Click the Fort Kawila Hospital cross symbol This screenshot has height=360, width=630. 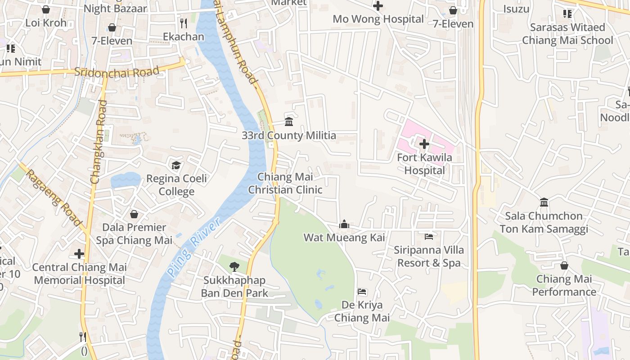coord(424,144)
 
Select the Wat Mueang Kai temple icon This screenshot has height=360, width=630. coord(344,224)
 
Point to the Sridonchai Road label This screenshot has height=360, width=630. coord(117,72)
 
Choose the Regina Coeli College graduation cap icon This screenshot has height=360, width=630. coord(176,165)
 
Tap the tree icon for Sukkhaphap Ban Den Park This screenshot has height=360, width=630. coord(234,267)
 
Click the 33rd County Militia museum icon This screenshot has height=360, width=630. coord(289,121)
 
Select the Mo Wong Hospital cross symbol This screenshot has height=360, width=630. coord(378,6)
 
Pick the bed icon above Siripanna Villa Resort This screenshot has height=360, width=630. coord(428,236)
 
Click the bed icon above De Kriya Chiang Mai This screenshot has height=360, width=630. coord(362,292)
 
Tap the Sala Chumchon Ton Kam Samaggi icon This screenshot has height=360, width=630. coord(544,202)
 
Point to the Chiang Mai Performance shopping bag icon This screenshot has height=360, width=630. coord(564,265)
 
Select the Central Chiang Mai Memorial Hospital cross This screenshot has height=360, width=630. coord(79,254)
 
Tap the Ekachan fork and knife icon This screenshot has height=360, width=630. coord(183,23)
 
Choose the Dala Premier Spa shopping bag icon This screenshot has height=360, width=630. coord(134,214)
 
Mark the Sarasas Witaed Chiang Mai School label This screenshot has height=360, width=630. coord(567,34)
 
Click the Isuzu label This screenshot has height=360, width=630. coord(516,9)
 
